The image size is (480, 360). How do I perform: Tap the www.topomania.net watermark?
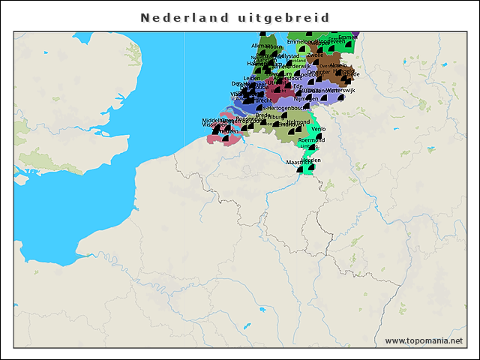pyautogui.click(x=424, y=340)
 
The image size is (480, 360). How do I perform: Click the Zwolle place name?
pyautogui.click(x=314, y=55)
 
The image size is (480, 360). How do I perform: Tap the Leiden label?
pyautogui.click(x=252, y=78)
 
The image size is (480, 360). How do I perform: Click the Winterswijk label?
pyautogui.click(x=339, y=90)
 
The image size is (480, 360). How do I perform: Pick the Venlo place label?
pyautogui.click(x=318, y=129)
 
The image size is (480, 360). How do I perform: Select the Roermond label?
pyautogui.click(x=311, y=139)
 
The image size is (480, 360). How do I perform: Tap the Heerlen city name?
pyautogui.click(x=313, y=159)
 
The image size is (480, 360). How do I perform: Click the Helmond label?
pyautogui.click(x=298, y=121)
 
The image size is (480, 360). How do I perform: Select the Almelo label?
pyautogui.click(x=339, y=65)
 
